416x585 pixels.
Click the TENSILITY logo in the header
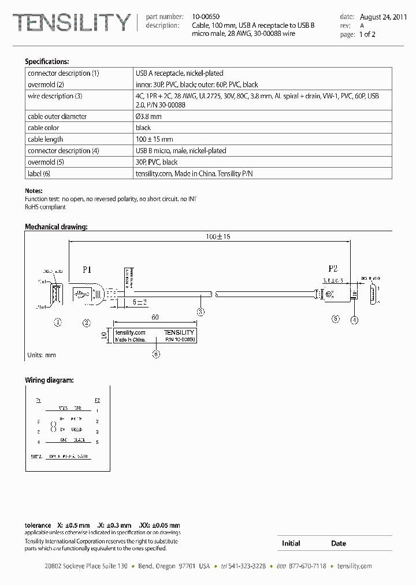72,23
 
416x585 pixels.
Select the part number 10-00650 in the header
206,17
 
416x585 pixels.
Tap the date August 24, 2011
382,17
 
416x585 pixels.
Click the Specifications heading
47,61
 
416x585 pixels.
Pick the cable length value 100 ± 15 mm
154,139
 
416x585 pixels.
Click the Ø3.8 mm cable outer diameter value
148,116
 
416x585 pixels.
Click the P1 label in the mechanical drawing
87,269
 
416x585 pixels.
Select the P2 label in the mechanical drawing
333,269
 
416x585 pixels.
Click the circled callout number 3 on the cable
200,312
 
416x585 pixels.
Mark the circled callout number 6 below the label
155,354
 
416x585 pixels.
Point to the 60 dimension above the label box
155,317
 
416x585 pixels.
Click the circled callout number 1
58,323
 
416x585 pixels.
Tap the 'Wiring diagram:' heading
49,380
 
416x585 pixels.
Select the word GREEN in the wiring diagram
77,430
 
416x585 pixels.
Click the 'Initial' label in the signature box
291,543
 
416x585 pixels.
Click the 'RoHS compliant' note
46,206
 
